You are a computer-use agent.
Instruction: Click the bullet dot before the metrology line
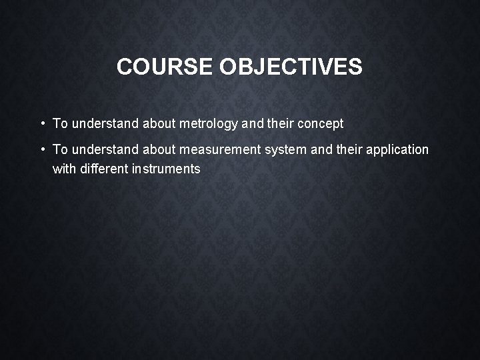click(42, 123)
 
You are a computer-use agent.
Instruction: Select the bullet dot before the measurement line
click(42, 149)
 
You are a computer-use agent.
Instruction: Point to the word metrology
click(209, 124)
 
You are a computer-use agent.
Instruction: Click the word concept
click(321, 124)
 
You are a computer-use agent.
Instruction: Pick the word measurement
click(220, 150)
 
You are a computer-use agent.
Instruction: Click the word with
click(64, 169)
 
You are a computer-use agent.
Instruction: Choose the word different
click(104, 169)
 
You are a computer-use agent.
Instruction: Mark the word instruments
click(166, 169)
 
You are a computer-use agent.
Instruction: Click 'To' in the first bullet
click(60, 124)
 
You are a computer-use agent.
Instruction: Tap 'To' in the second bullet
click(60, 150)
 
